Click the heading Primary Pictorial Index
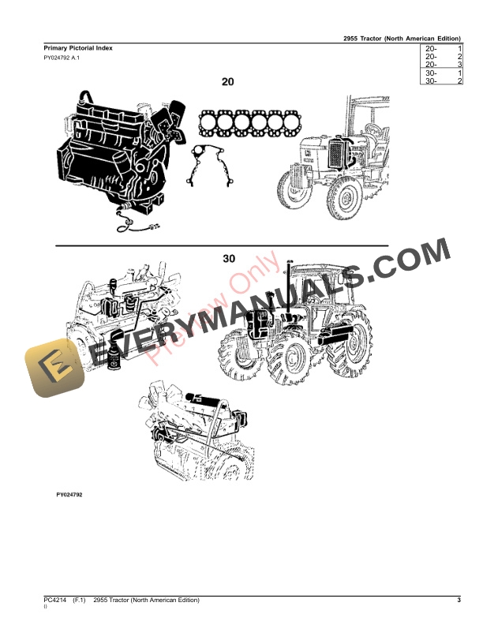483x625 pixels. point(77,48)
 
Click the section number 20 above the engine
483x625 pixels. point(228,81)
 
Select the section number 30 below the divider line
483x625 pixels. point(229,259)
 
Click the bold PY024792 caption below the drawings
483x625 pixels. point(69,495)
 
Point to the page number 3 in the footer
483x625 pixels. point(458,601)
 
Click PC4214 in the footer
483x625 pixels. point(54,601)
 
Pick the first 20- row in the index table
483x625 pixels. point(442,49)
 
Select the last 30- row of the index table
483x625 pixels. point(442,80)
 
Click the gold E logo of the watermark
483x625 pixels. point(53,369)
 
